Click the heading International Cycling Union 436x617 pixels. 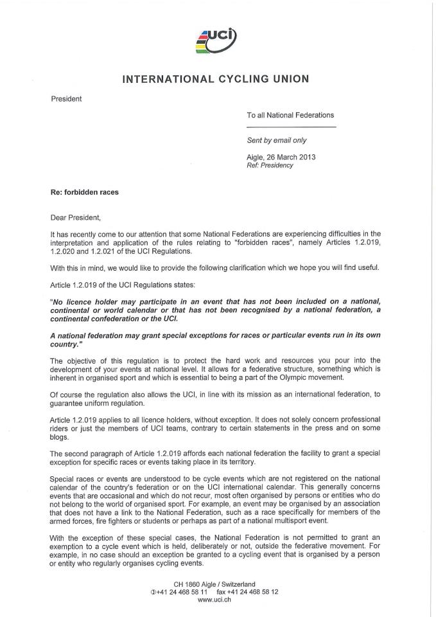[x=216, y=79]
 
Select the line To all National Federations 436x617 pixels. [x=290, y=115]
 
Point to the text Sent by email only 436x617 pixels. [x=277, y=140]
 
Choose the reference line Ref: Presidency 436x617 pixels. [x=270, y=165]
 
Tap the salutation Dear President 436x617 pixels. [x=76, y=217]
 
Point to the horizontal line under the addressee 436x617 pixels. [x=292, y=127]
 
